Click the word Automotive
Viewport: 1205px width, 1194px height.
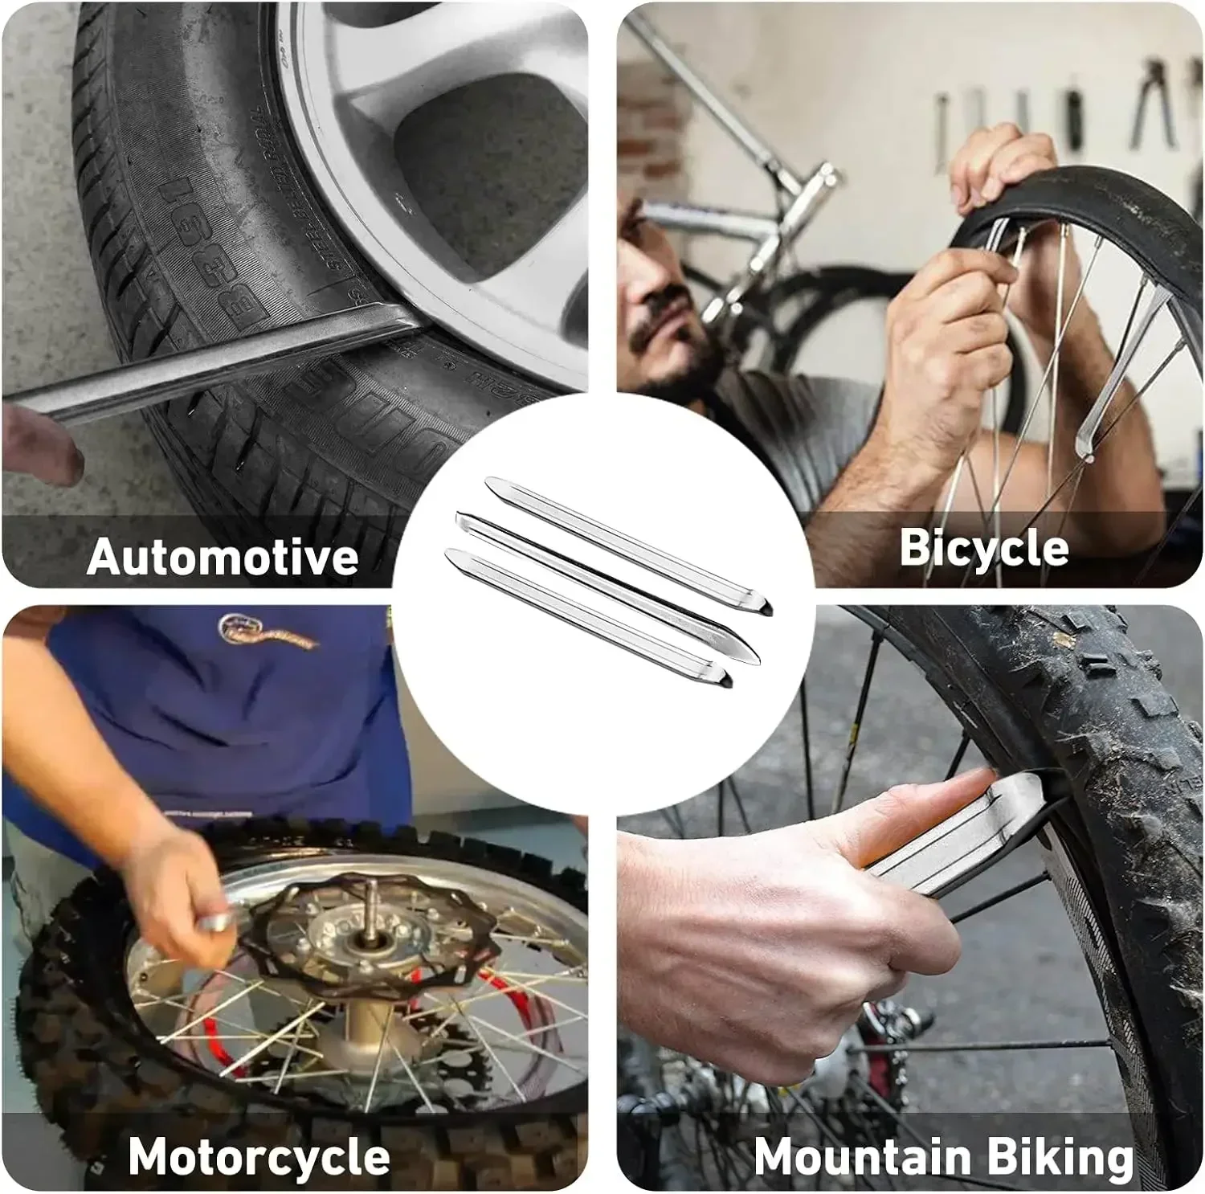222,556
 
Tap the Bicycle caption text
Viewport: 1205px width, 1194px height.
983,548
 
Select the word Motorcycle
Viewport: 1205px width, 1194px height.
259,1156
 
